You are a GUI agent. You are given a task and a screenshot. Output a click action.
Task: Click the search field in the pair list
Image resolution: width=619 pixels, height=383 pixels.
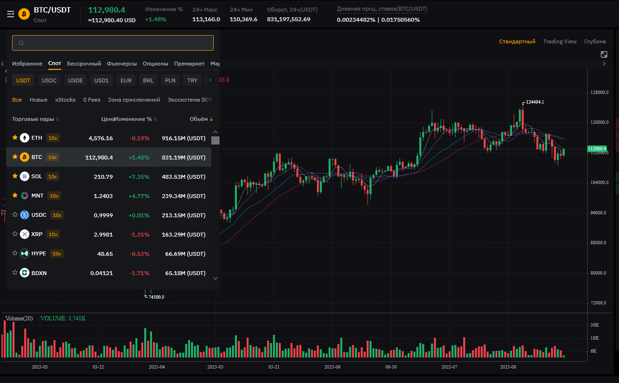click(x=113, y=43)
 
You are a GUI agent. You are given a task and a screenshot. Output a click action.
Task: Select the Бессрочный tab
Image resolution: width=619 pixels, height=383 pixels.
click(x=84, y=64)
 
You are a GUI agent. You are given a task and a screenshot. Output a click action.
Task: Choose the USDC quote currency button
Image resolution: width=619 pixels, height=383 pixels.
click(x=49, y=80)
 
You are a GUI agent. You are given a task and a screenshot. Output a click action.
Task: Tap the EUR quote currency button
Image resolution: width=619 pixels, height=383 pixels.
click(x=126, y=80)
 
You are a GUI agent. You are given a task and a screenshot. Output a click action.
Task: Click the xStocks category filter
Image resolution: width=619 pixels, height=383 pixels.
click(x=65, y=100)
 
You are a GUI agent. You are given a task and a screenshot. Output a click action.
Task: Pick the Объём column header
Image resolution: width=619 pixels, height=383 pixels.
click(x=199, y=119)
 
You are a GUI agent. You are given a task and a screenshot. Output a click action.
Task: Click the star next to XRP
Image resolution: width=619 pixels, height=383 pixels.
click(x=15, y=234)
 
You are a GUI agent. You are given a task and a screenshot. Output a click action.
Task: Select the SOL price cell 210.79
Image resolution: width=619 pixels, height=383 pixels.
click(x=103, y=177)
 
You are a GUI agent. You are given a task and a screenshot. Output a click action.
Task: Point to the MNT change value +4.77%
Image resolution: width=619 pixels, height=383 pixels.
click(x=139, y=196)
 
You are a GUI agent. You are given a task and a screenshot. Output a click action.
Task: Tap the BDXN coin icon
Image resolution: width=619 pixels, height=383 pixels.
click(x=25, y=273)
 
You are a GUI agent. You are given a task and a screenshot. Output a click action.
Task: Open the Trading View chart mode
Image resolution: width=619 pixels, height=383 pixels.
click(x=560, y=41)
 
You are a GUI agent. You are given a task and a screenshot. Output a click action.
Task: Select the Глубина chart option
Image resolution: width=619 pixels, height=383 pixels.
click(x=595, y=41)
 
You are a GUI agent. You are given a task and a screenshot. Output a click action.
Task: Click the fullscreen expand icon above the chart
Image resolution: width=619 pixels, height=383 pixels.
click(x=604, y=54)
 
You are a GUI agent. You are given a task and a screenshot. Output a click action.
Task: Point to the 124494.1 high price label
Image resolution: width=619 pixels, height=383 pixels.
click(x=535, y=102)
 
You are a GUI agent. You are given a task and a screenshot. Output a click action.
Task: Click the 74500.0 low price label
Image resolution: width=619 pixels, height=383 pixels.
click(x=156, y=297)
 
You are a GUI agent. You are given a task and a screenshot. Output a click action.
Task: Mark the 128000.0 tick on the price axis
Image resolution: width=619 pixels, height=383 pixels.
click(x=599, y=92)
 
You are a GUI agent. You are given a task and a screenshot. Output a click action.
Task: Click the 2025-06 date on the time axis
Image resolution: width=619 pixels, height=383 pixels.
click(x=332, y=367)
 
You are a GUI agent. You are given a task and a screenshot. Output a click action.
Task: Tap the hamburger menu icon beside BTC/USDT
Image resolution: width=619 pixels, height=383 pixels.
click(x=11, y=14)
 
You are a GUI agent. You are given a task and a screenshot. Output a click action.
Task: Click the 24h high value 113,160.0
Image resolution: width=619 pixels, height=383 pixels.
click(x=206, y=19)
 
